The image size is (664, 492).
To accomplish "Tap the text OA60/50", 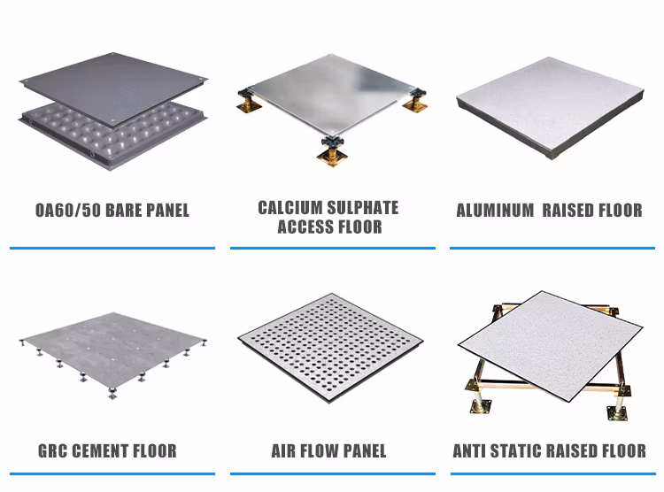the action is pos(67,211).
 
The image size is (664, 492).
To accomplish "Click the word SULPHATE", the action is pos(363,208).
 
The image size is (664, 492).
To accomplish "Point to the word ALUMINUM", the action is pos(495,211).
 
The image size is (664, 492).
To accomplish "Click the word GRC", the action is pos(53,451).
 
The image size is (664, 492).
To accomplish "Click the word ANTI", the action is pos(469,451).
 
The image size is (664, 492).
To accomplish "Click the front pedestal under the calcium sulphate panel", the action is pos(332,151).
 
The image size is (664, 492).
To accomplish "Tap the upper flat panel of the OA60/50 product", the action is pos(113,88).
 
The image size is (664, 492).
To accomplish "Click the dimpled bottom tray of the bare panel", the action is pos(106,135).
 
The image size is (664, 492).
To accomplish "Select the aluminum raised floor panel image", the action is pos(550,108).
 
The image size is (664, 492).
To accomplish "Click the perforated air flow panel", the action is pos(330,347).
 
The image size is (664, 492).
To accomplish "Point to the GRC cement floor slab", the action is pos(112,348).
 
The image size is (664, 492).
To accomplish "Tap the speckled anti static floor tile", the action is pos(550,345).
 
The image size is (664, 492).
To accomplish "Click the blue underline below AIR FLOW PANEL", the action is pos(333,473).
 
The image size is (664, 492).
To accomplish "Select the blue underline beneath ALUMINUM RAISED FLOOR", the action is pos(552,248).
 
